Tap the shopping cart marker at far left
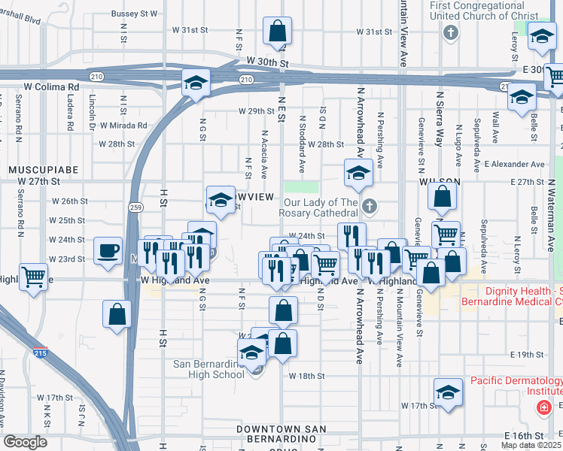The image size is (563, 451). click(x=33, y=276)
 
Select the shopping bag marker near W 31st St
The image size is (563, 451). click(x=277, y=32)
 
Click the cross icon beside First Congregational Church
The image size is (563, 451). click(x=450, y=33)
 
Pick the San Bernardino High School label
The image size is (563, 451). click(x=209, y=369)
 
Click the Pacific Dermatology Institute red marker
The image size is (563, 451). click(x=543, y=407)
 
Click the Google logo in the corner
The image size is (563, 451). click(x=25, y=442)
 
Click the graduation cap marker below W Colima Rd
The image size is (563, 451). click(x=196, y=83)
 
